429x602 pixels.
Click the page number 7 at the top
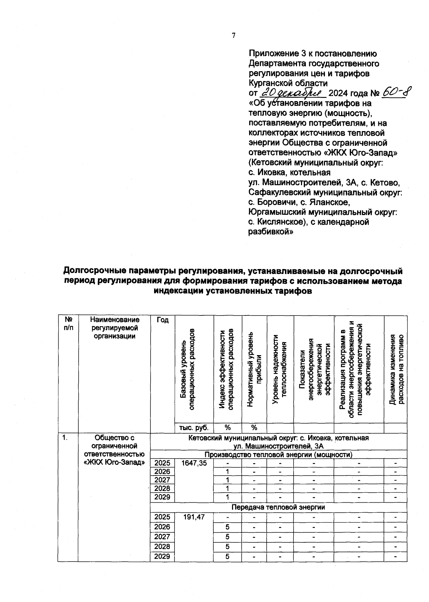(x=233, y=35)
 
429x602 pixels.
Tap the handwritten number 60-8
(x=396, y=93)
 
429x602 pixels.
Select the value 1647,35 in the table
(x=194, y=463)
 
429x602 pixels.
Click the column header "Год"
(x=162, y=320)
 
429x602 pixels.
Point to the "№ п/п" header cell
(x=68, y=324)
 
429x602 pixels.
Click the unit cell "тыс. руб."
(x=194, y=428)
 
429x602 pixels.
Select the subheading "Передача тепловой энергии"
(x=278, y=507)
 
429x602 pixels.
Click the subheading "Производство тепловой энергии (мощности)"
(x=278, y=454)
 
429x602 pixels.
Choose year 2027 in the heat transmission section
(x=162, y=537)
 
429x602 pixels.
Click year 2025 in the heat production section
(x=162, y=463)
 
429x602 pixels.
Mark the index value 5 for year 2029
(x=227, y=557)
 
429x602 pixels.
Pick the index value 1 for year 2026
(x=227, y=472)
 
